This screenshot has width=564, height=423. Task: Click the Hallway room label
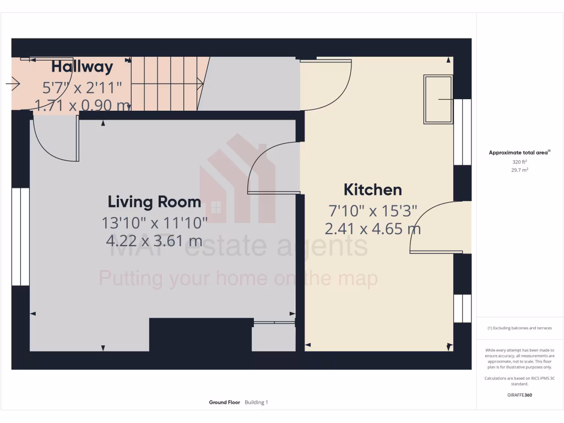tap(82, 67)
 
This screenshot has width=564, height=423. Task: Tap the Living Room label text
tap(154, 202)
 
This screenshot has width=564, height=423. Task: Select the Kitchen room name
tap(372, 190)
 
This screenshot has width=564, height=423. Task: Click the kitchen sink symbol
tap(438, 99)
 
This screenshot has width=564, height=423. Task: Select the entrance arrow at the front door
tap(13, 84)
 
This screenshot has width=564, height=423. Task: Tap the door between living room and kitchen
tap(273, 168)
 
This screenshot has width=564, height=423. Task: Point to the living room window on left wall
tap(20, 237)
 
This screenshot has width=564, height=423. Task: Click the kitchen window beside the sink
tap(463, 132)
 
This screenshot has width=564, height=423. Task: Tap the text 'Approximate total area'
tap(519, 153)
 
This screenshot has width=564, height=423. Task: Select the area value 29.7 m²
tap(519, 170)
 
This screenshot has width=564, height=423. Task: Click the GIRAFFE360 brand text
tap(519, 395)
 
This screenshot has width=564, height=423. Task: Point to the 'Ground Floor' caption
tap(224, 403)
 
